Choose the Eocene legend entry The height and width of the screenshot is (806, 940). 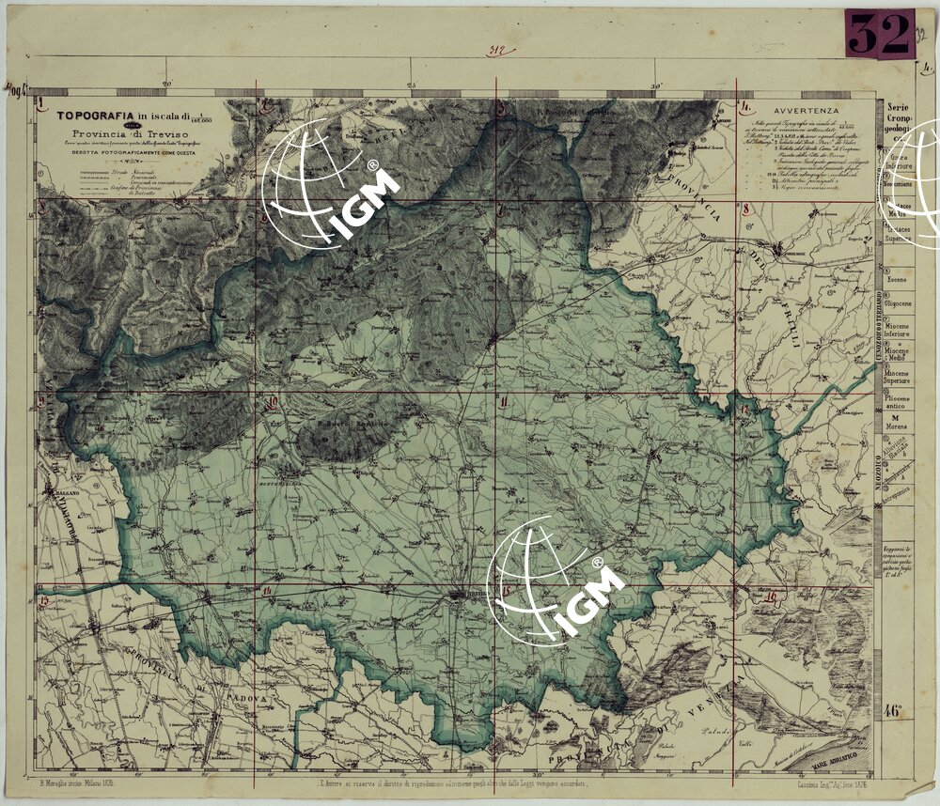(899, 280)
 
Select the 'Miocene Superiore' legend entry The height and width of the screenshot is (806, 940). (898, 377)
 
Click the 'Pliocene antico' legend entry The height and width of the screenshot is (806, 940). (898, 403)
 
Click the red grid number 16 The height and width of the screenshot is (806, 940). (771, 597)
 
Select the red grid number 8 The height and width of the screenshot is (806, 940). (744, 209)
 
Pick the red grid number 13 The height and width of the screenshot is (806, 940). (42, 597)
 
